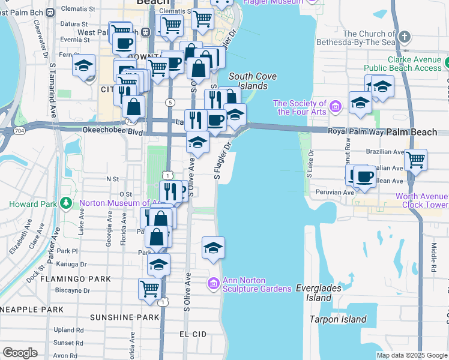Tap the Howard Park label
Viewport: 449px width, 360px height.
coord(32,204)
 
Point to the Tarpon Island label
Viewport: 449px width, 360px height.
coord(338,319)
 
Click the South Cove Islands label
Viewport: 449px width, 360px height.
coord(248,81)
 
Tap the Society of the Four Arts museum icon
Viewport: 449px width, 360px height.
coord(336,107)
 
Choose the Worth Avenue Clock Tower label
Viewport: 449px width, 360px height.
coord(421,200)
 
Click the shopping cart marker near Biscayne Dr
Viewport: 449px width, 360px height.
coord(149,288)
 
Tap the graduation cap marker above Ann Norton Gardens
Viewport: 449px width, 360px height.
coord(213,247)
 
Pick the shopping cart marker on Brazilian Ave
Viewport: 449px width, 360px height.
coord(415,160)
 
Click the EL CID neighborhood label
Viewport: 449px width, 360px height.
coord(193,333)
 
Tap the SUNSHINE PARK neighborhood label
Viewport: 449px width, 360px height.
coord(124,317)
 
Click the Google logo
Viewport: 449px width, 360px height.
coord(20,352)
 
